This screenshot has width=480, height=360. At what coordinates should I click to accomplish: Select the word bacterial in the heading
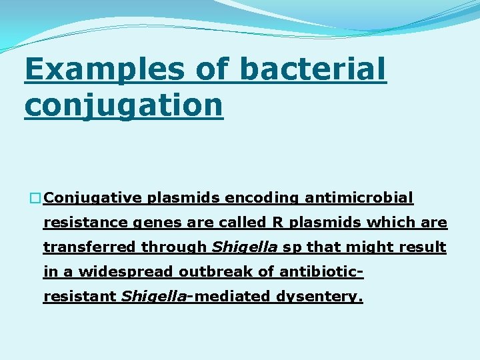point(311,70)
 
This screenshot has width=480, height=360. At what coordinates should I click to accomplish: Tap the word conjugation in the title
point(123,105)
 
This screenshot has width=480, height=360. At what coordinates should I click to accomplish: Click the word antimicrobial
point(359,198)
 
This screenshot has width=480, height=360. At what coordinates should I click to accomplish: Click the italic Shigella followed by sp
point(244,247)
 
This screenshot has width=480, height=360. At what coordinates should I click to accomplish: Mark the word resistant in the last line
point(80,297)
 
